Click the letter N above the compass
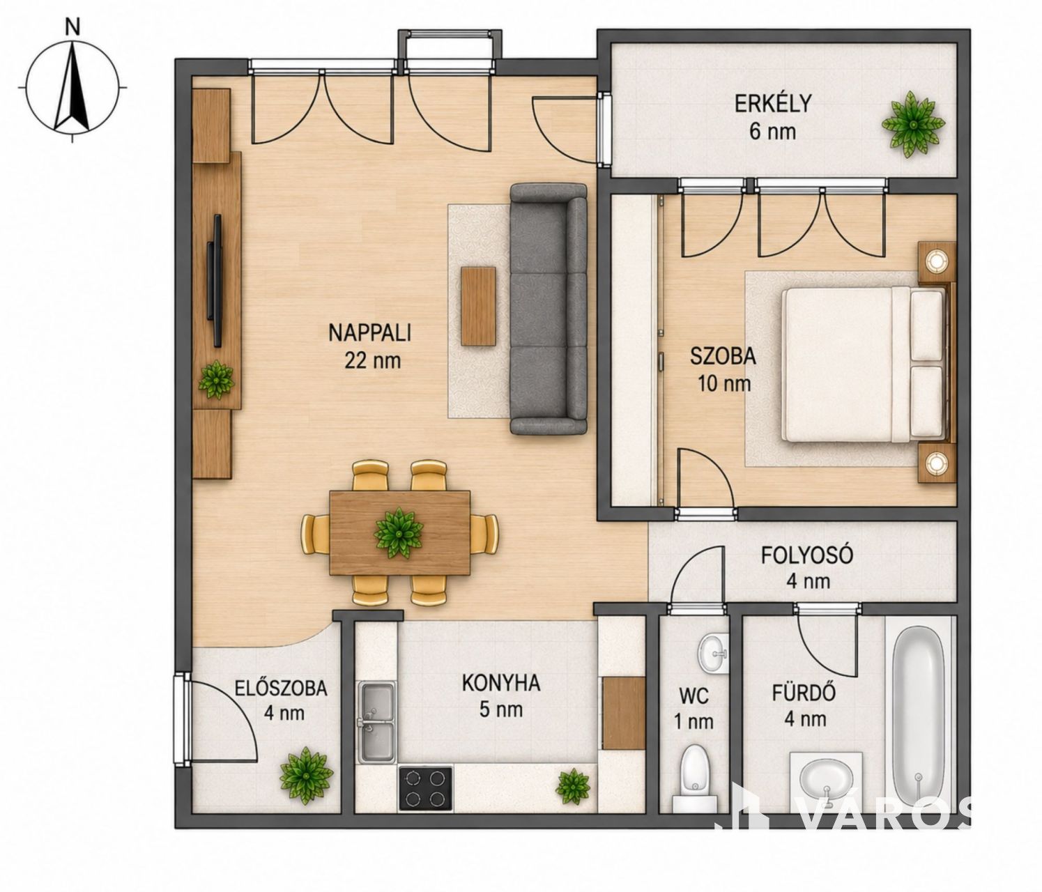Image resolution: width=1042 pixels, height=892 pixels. (x=74, y=28)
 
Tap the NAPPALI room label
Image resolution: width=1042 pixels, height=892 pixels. (x=369, y=333)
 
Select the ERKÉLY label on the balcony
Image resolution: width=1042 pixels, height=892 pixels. (x=773, y=103)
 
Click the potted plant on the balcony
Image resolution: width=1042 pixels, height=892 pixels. (x=912, y=123)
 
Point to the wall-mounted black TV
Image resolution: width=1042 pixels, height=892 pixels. (x=215, y=281)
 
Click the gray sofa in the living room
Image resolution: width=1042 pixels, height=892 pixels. (x=549, y=309)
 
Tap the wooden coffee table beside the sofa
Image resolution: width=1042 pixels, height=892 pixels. (x=478, y=306)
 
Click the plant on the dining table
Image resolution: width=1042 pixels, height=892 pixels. (x=398, y=532)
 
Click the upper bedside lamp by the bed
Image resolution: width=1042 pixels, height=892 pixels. (x=935, y=261)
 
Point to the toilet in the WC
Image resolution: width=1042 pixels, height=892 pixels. (x=693, y=779)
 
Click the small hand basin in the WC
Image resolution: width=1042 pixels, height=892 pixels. (x=713, y=653)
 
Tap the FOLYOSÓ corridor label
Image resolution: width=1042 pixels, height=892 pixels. (x=806, y=555)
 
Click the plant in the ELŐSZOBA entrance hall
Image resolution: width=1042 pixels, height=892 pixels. (x=306, y=776)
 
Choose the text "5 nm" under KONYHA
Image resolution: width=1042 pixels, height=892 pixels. (x=501, y=709)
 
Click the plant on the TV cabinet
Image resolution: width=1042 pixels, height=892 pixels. (x=216, y=380)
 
